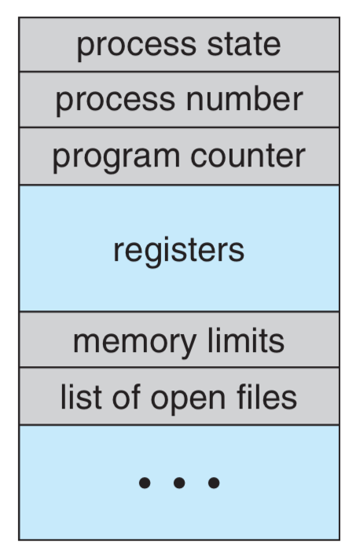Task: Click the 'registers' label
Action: point(179,251)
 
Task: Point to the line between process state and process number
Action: point(179,72)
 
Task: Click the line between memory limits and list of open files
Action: point(179,368)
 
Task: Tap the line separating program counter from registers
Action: point(179,185)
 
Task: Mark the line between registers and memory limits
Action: point(179,312)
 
